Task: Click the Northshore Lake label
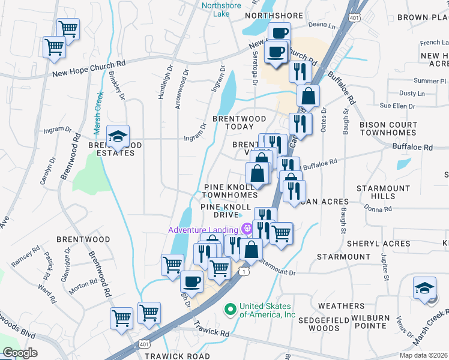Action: click(221, 10)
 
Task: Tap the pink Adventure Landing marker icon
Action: click(246, 229)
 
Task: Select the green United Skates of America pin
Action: click(229, 310)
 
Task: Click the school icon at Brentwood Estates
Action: click(118, 136)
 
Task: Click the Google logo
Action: click(20, 352)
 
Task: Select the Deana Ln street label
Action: click(322, 26)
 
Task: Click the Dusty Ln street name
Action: click(412, 94)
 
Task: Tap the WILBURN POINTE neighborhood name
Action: click(377, 322)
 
